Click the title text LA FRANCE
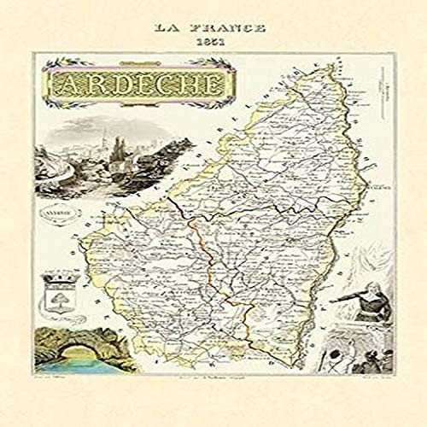[x=209, y=27]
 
